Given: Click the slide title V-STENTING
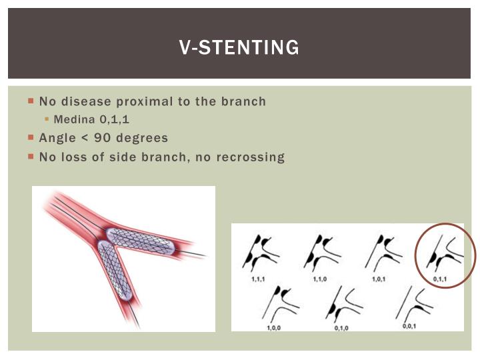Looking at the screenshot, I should (x=239, y=47).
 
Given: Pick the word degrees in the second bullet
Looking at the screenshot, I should (x=145, y=138).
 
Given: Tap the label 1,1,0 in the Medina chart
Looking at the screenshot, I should (x=319, y=279).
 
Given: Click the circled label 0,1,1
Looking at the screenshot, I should (x=439, y=279).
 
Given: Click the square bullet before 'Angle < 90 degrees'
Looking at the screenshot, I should (x=31, y=138).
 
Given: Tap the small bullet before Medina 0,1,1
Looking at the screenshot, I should (x=47, y=120).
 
